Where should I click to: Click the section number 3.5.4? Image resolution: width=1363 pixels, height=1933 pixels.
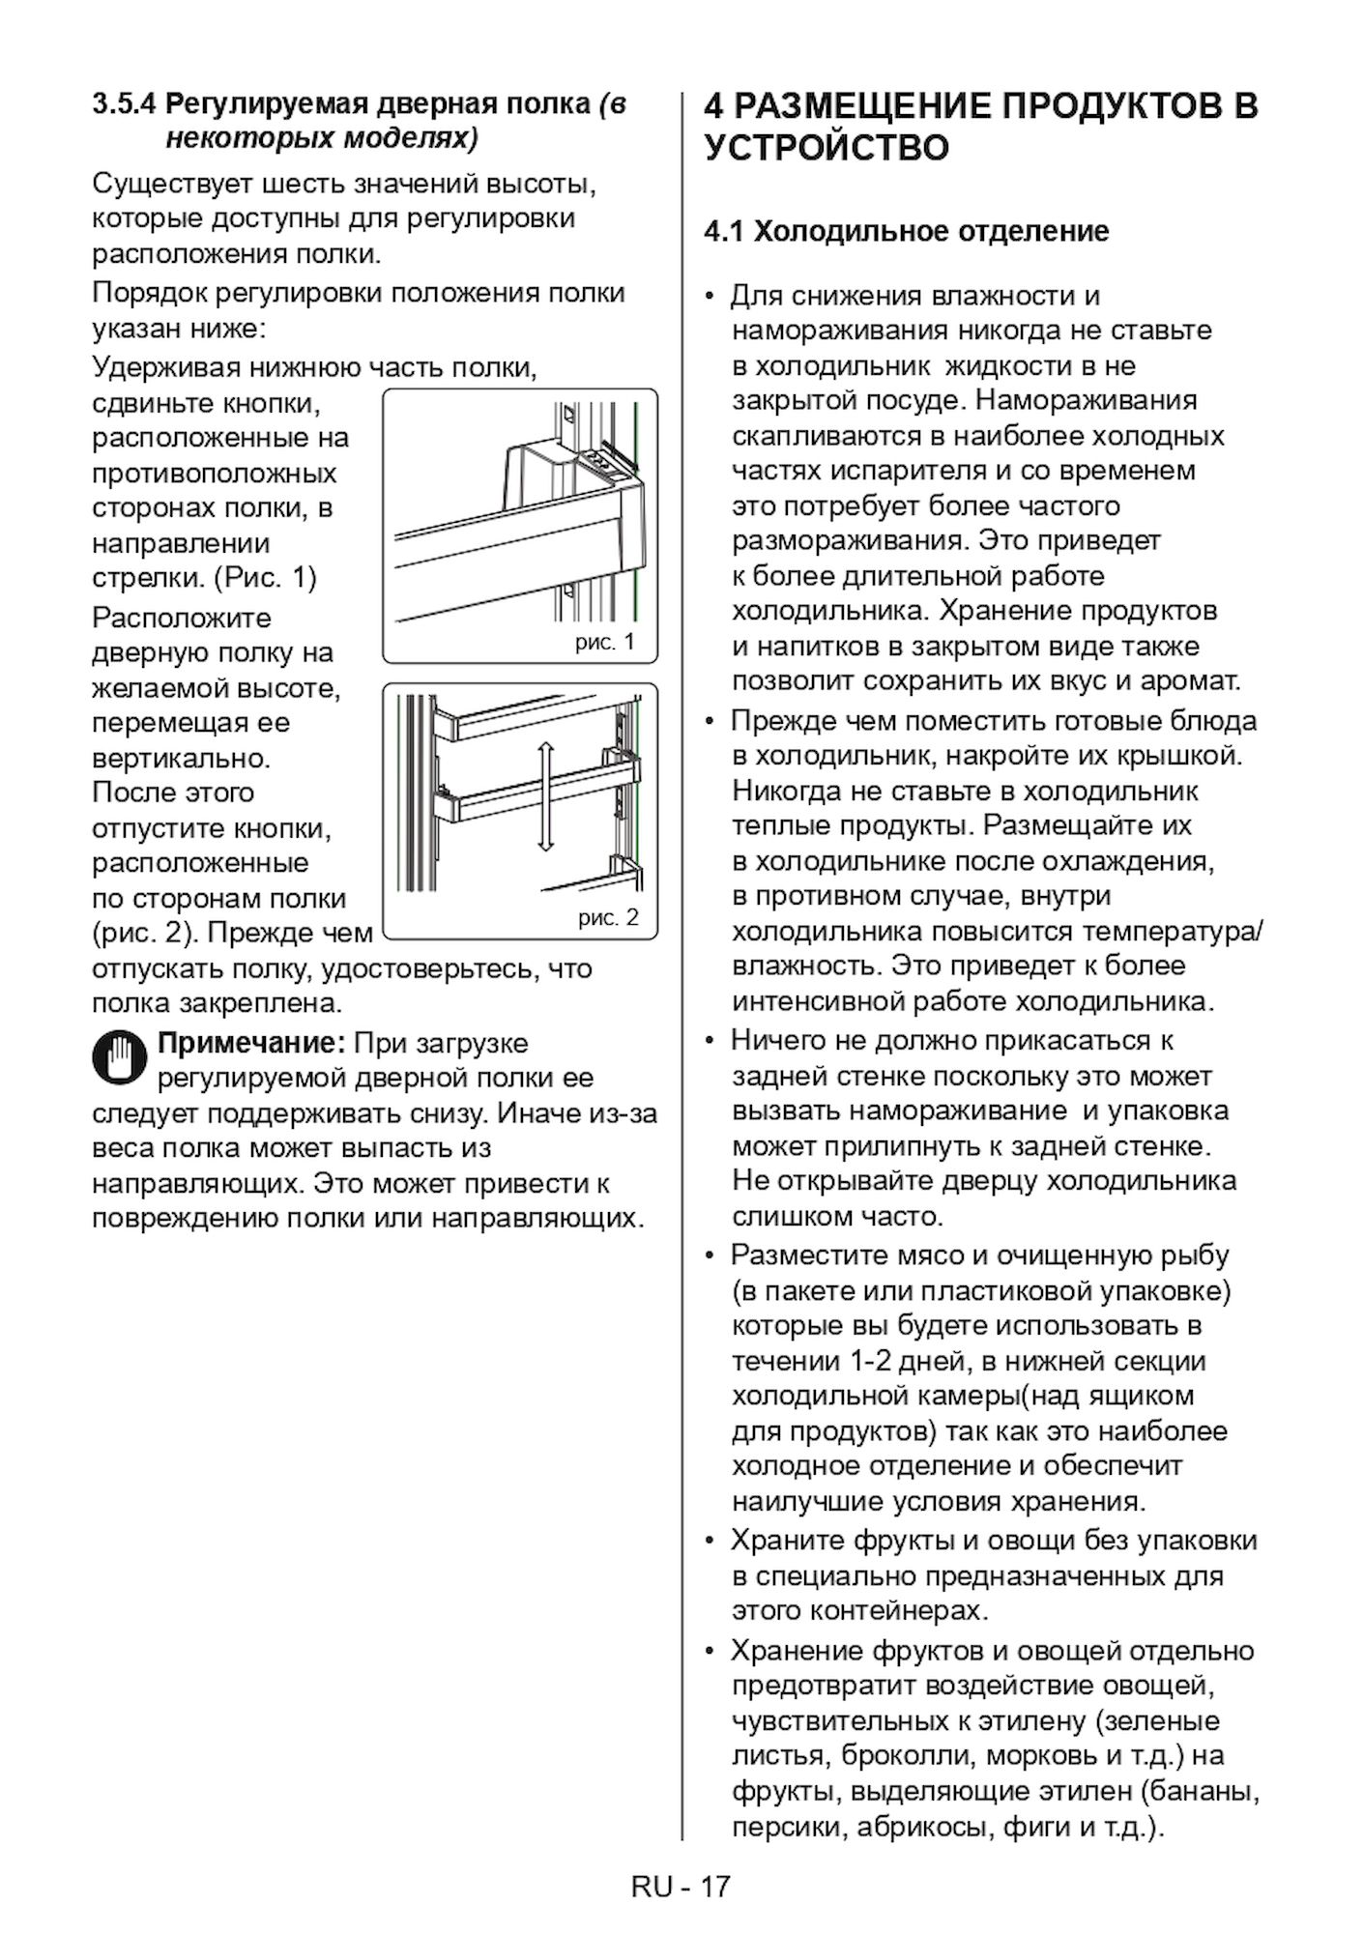click(125, 104)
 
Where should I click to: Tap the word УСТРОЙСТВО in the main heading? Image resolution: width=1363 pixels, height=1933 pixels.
click(826, 149)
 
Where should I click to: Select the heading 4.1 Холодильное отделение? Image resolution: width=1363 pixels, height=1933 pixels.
click(907, 232)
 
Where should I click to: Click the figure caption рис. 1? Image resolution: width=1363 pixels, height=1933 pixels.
click(604, 643)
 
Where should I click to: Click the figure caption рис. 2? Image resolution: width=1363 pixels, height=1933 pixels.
click(608, 917)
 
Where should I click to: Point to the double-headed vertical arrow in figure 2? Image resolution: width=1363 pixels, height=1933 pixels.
click(545, 796)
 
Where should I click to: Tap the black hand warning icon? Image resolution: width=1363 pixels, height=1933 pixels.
click(120, 1060)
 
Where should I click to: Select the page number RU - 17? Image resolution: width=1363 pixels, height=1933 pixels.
click(681, 1888)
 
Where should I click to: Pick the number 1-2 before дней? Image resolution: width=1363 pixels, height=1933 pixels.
click(871, 1362)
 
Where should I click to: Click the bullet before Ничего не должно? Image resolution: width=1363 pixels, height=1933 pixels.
click(710, 1042)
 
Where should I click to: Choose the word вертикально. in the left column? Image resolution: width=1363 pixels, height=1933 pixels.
click(182, 758)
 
